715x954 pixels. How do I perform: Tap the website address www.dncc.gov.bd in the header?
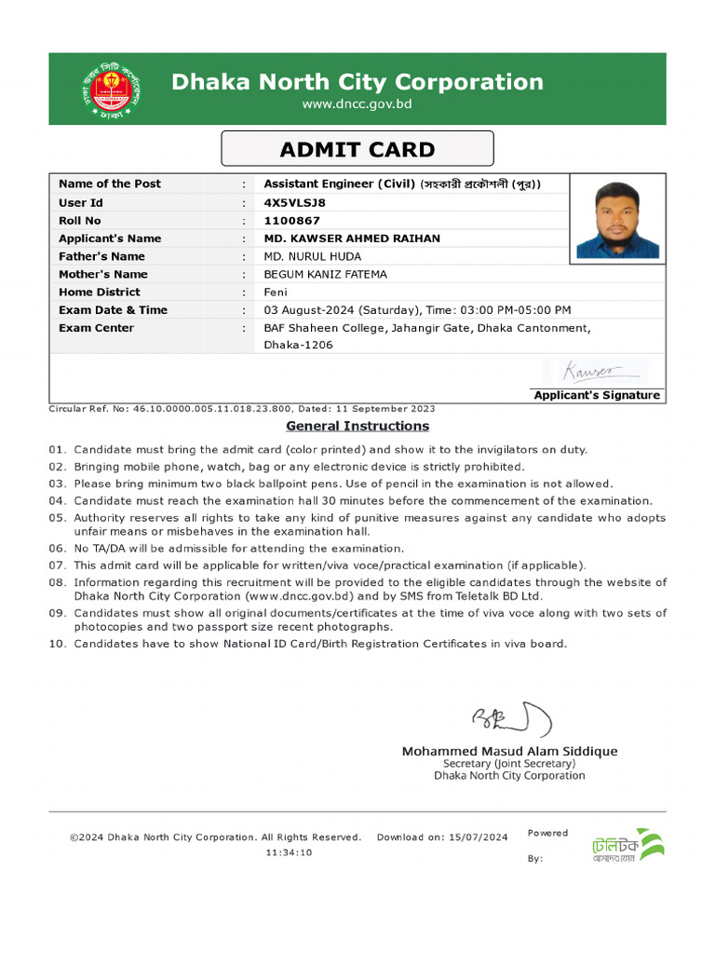pos(357,104)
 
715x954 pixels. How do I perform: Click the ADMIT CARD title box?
pos(357,149)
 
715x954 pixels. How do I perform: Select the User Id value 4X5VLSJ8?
pos(295,202)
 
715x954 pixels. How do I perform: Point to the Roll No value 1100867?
pos(291,221)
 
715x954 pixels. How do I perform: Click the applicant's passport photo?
pos(617,220)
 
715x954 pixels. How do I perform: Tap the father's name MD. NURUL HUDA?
pos(313,256)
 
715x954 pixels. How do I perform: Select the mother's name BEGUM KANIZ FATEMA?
pos(325,274)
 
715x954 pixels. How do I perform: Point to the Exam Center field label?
pos(96,328)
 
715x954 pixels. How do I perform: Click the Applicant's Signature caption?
pos(597,395)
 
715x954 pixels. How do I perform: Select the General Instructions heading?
pos(357,426)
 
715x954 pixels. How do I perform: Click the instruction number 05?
pos(57,517)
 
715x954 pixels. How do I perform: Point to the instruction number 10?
pos(57,644)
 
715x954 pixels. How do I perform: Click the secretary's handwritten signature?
pos(511,719)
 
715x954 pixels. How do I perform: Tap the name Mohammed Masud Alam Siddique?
pos(509,751)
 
